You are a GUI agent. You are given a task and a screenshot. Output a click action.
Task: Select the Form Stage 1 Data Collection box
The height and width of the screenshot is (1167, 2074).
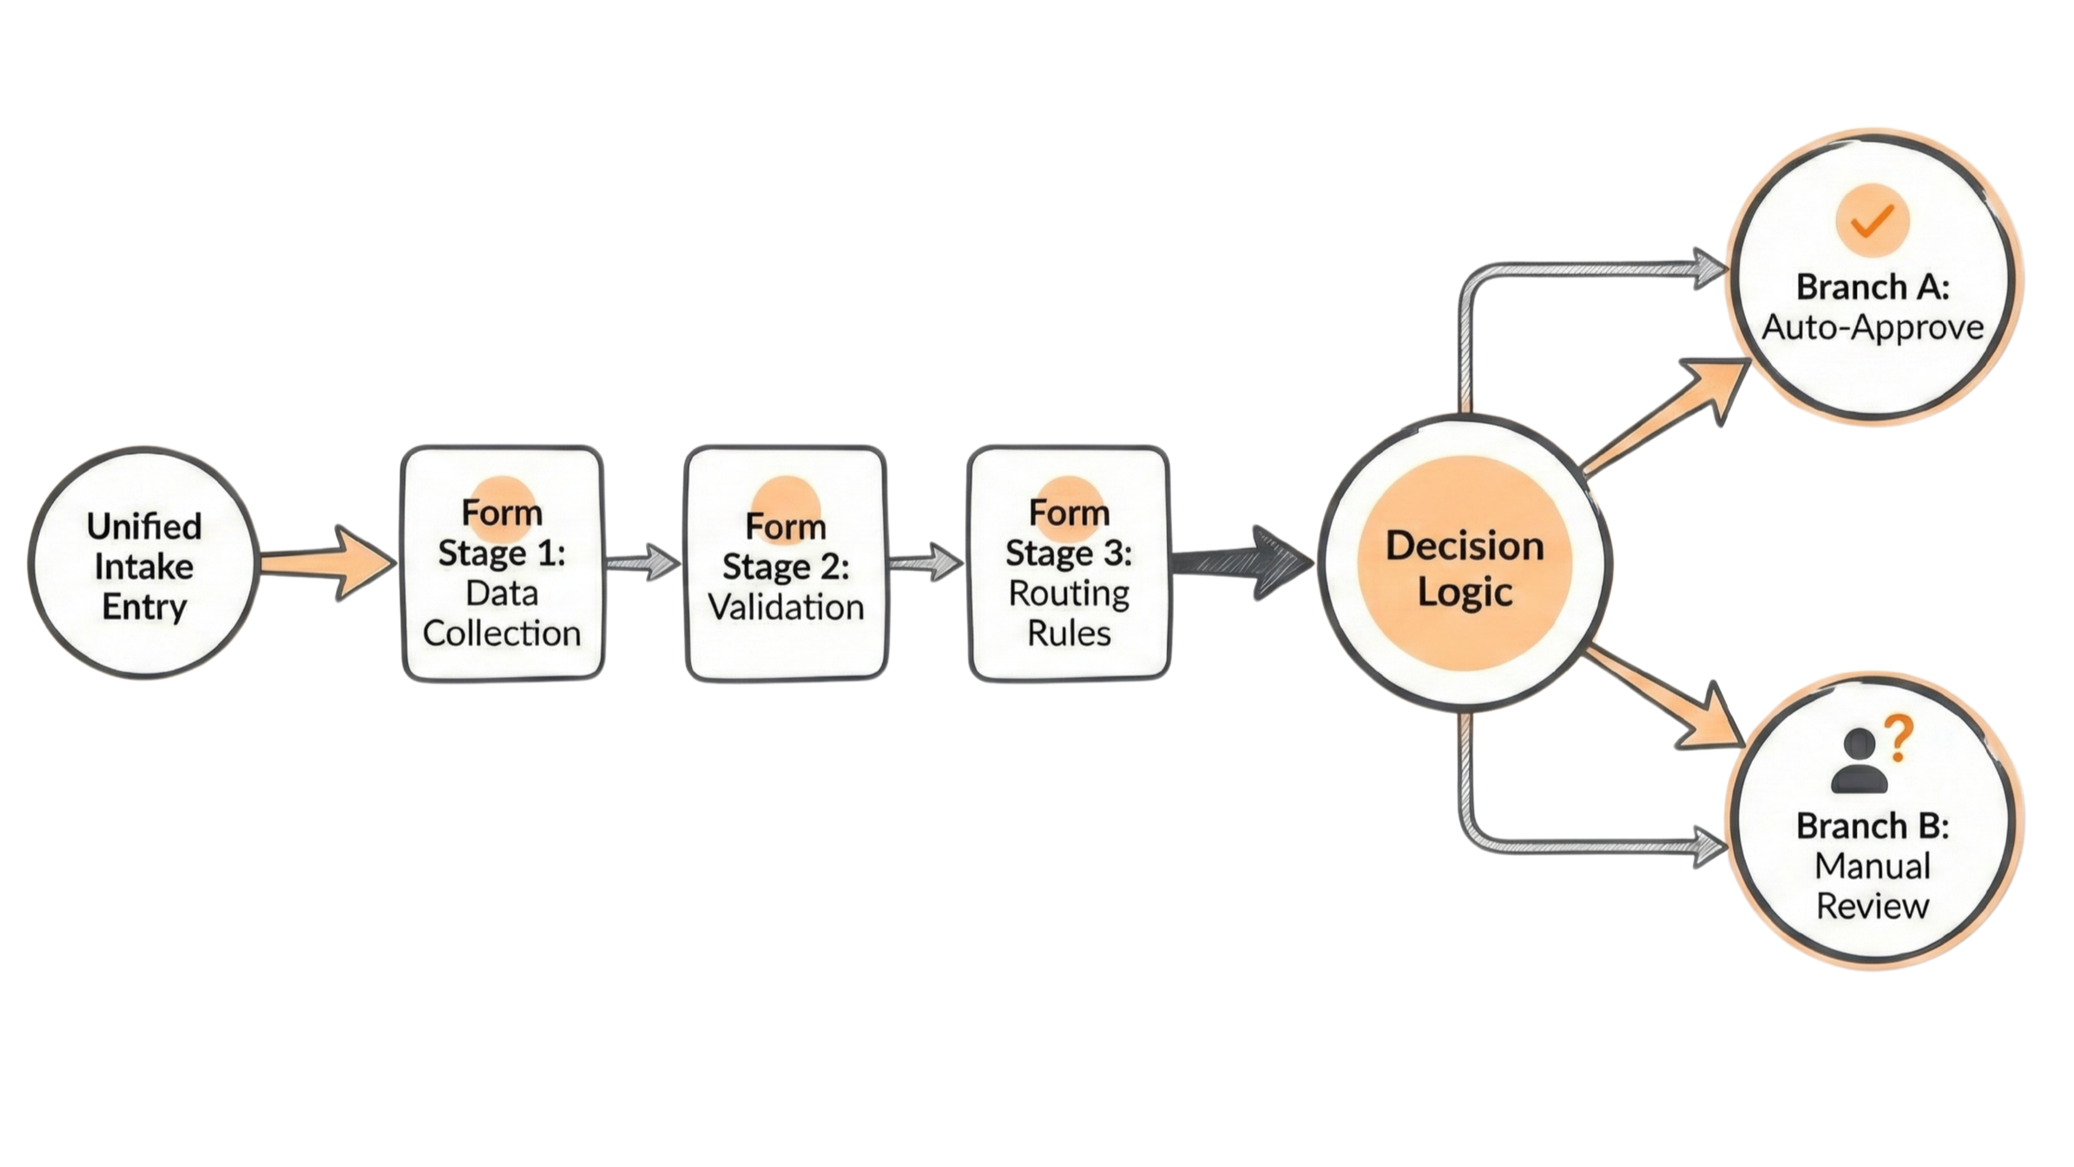[501, 564]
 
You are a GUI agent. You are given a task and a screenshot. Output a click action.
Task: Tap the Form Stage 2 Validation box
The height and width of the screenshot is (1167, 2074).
[786, 564]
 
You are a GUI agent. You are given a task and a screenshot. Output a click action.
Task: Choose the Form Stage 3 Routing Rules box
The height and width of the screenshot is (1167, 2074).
[1069, 564]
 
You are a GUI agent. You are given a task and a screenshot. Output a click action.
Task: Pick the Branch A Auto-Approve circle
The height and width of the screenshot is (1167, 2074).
[1873, 295]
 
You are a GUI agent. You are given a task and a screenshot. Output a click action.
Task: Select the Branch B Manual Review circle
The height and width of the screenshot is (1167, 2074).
[1873, 834]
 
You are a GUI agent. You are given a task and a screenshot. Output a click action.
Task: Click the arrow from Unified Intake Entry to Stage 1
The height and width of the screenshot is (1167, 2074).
[330, 563]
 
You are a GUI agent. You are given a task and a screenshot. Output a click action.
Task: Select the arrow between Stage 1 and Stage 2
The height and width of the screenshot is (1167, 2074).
[643, 563]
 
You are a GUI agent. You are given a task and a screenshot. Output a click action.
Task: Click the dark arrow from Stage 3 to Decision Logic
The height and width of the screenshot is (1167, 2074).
[1241, 564]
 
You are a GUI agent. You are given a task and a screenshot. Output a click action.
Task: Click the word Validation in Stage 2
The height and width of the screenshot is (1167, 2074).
[786, 607]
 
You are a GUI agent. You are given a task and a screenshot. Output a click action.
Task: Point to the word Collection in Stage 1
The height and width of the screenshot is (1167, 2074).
[501, 633]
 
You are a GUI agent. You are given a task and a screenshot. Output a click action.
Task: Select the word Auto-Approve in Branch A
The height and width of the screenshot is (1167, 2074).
[1873, 328]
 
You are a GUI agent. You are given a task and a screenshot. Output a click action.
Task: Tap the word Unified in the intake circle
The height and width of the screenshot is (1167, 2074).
[144, 527]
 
